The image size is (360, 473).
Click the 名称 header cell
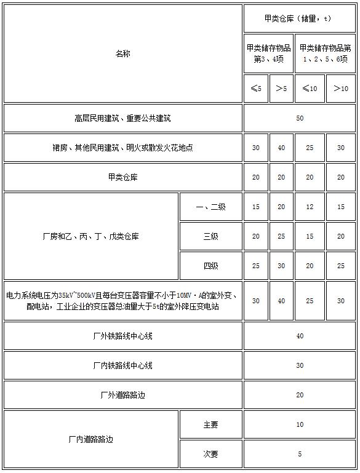[x=122, y=54]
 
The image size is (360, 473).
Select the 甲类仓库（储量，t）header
[x=299, y=18]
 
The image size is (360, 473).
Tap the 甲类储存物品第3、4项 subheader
[x=268, y=54]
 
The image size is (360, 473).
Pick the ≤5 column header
[x=255, y=89]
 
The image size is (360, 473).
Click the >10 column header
[x=341, y=89]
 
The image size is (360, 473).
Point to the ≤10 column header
[x=310, y=89]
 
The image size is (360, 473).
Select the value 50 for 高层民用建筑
[x=300, y=118]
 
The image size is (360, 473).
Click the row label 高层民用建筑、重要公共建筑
[x=122, y=118]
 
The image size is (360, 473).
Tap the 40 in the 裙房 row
[x=281, y=148]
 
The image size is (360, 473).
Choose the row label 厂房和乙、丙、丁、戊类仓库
[x=90, y=236]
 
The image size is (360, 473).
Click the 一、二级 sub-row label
[x=210, y=207]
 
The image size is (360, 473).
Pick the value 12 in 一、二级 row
[x=310, y=207]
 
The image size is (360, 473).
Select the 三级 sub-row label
[x=210, y=236]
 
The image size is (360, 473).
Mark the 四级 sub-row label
[x=210, y=266]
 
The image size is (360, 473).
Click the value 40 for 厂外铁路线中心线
[x=300, y=336]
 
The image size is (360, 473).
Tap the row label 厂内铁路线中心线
[x=122, y=365]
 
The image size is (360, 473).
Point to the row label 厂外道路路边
[x=122, y=395]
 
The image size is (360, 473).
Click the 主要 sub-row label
[x=210, y=424]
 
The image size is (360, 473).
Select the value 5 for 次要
[x=300, y=454]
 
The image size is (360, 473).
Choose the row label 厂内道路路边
[x=90, y=439]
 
